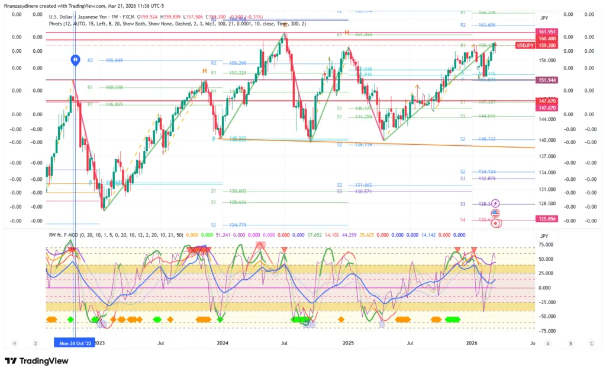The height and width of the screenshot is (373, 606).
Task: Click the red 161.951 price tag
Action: (x=547, y=31)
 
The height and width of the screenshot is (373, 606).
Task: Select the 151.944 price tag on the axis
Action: (x=547, y=80)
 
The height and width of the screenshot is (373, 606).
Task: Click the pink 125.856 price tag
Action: (x=547, y=218)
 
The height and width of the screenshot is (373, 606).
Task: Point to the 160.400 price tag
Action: (x=547, y=39)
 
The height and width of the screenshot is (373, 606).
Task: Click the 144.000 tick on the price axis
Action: (x=547, y=119)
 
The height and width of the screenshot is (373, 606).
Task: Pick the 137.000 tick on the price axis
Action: (x=547, y=156)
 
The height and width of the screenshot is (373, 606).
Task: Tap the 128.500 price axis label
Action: (x=547, y=203)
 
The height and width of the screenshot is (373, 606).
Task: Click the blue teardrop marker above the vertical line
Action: (x=75, y=59)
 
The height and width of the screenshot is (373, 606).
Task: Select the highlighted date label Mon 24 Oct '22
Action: (x=74, y=343)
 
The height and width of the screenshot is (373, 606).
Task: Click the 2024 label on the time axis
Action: (x=223, y=343)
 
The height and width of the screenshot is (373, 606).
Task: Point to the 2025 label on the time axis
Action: (x=348, y=343)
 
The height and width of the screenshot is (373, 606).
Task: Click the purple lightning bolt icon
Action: (x=496, y=203)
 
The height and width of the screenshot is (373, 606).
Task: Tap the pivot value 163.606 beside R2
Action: (x=486, y=25)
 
